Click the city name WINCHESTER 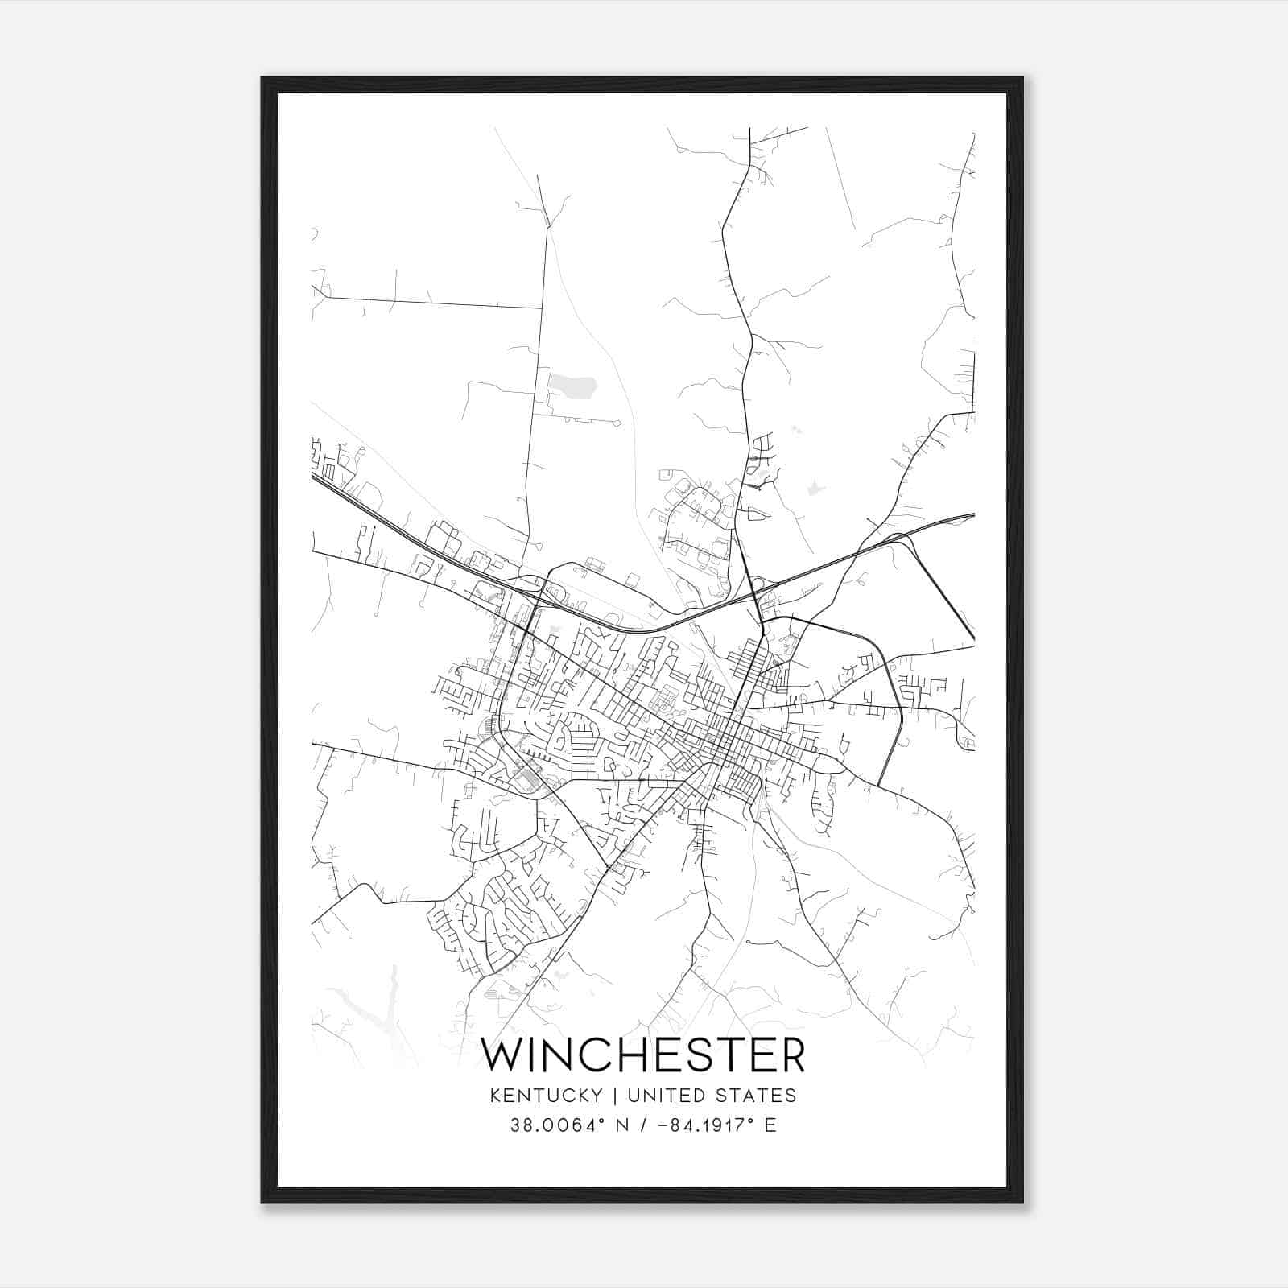(642, 1055)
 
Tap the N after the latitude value (621, 1125)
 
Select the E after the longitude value (770, 1125)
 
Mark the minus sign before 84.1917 (663, 1125)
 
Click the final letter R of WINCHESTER (791, 1055)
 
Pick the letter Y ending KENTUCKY (596, 1096)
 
